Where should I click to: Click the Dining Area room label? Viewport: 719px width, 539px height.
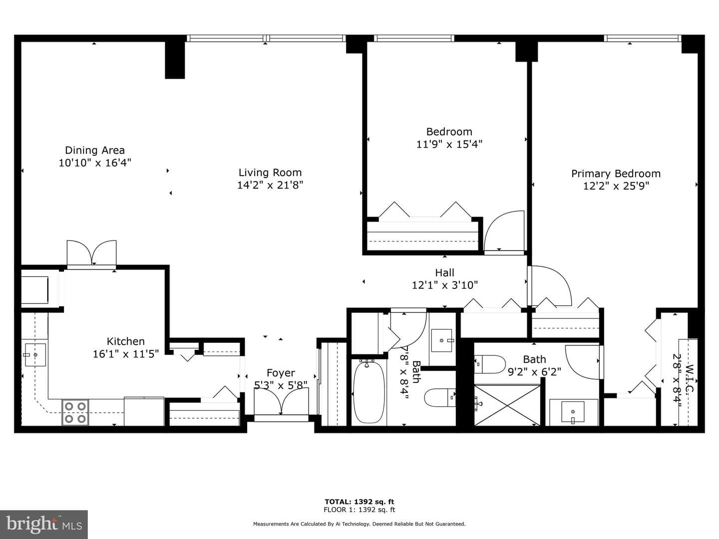(95, 150)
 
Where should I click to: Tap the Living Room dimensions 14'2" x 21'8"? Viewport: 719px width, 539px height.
(270, 185)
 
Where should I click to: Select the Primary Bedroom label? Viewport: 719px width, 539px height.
(616, 174)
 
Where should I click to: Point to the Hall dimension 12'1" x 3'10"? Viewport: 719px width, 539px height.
(444, 285)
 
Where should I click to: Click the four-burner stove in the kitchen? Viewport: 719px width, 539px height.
(75, 412)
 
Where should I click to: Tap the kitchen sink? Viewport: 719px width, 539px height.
(35, 355)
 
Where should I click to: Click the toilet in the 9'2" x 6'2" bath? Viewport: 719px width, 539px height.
(490, 364)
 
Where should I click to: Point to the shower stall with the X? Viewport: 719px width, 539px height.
(507, 406)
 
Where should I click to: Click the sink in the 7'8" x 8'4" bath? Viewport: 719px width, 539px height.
(442, 341)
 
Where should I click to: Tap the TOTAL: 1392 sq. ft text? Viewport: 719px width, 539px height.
(359, 502)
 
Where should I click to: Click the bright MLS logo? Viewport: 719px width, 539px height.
(44, 524)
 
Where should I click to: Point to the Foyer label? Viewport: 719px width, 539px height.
(281, 373)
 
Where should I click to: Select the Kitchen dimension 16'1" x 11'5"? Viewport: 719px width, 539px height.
(126, 354)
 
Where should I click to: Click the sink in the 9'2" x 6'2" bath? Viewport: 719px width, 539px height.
(573, 412)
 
